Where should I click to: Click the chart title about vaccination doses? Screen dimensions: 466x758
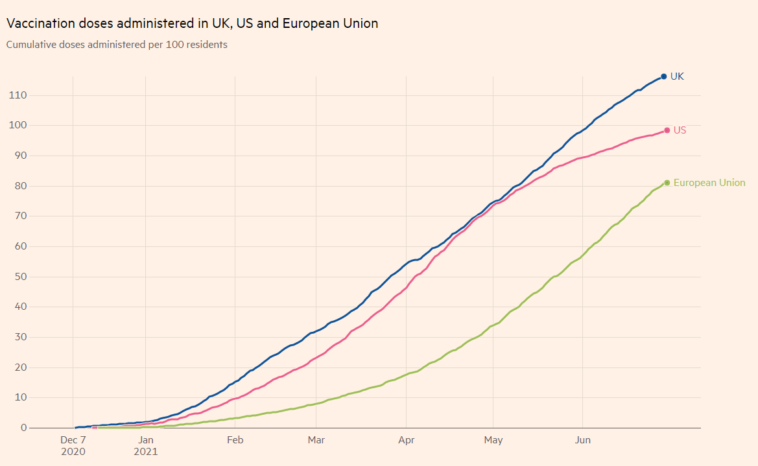click(192, 23)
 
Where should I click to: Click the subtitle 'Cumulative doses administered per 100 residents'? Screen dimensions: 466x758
click(117, 45)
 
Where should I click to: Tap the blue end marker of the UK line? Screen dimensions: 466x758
click(663, 76)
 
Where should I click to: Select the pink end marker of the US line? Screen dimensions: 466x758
click(667, 130)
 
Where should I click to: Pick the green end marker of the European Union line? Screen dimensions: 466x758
click(667, 183)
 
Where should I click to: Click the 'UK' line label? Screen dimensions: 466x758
click(677, 76)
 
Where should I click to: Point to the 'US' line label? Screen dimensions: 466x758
click(680, 130)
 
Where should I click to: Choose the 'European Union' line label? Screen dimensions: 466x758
click(709, 183)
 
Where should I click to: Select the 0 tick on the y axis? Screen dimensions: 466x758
click(23, 428)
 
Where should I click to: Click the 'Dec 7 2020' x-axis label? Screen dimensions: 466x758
click(73, 446)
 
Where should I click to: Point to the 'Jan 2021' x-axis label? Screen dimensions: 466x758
click(146, 446)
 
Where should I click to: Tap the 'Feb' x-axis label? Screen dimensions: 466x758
click(235, 440)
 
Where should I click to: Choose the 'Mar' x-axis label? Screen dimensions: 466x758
click(316, 440)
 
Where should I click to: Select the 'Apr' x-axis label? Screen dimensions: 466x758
click(407, 440)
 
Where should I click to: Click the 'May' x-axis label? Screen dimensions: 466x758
click(493, 440)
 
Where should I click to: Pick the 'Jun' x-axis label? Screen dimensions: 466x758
click(583, 440)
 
